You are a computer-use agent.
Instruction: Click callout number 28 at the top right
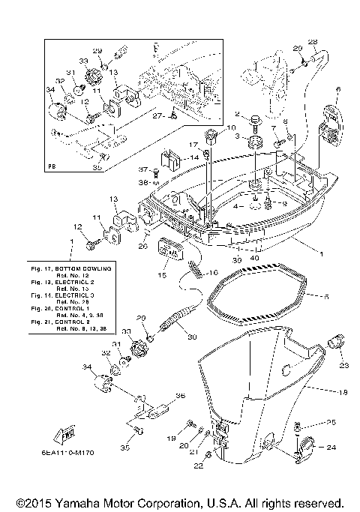click(x=313, y=41)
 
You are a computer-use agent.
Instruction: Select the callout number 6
click(x=337, y=90)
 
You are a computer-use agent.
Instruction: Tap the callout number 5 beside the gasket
click(x=326, y=296)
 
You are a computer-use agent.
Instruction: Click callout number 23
click(x=344, y=365)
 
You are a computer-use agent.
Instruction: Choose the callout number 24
click(x=332, y=449)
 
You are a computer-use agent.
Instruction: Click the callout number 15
click(x=162, y=275)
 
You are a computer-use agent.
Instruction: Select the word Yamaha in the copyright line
click(x=90, y=503)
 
